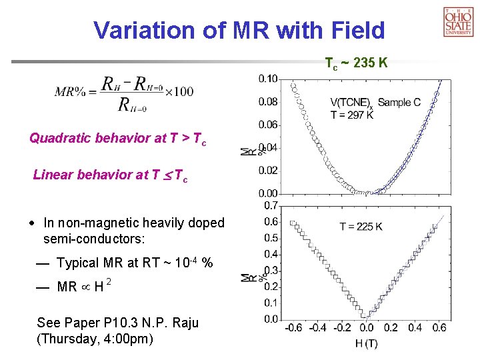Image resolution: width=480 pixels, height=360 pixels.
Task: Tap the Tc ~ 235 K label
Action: tap(356, 64)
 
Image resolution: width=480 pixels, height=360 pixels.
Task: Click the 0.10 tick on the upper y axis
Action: tap(268, 79)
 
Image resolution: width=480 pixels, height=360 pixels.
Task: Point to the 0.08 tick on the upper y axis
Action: tap(268, 101)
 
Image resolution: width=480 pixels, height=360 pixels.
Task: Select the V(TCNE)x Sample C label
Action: tap(375, 103)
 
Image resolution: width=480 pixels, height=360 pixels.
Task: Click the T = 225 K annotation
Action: tap(361, 227)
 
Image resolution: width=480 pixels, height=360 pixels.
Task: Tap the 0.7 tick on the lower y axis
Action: tap(271, 205)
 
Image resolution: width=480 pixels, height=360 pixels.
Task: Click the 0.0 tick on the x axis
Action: tap(366, 328)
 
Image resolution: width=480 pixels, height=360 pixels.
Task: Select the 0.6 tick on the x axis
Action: tap(439, 328)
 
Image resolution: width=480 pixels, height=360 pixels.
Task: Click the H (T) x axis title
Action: tap(365, 343)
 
